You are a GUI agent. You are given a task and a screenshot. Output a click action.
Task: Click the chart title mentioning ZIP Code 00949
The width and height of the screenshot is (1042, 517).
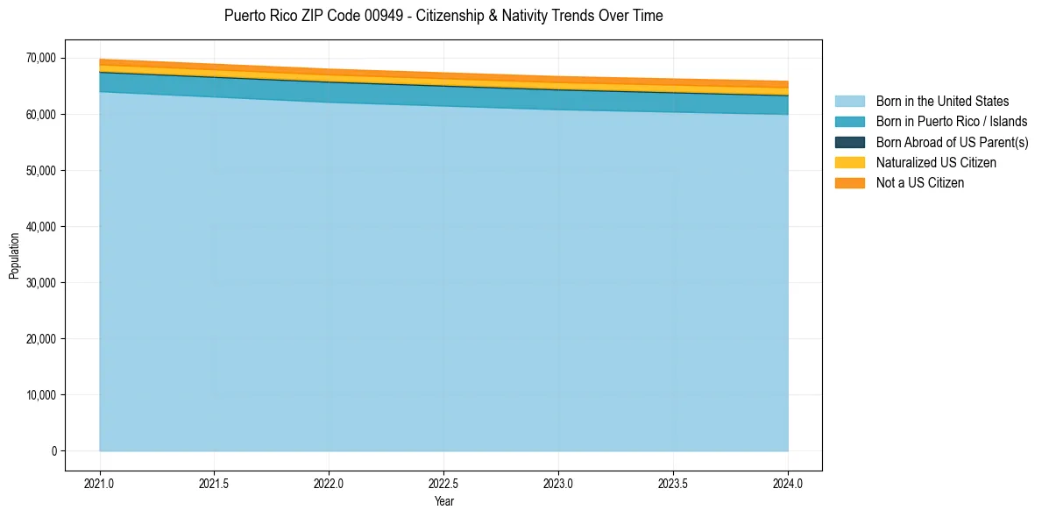[443, 16]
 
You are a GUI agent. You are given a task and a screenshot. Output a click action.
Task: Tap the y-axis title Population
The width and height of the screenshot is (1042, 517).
[14, 256]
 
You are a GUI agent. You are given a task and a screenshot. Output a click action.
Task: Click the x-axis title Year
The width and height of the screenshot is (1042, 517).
[443, 501]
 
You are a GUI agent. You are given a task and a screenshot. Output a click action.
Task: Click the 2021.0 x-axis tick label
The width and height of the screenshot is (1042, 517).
[100, 483]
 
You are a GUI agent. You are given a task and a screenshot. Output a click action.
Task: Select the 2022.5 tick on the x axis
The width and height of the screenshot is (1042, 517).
[443, 483]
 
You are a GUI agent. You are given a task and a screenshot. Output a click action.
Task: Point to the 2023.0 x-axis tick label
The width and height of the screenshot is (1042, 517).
[558, 483]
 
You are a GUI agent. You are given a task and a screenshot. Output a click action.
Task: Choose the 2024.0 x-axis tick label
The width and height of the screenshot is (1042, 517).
[788, 483]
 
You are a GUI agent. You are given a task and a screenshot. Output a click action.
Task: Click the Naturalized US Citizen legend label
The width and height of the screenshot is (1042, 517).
[936, 162]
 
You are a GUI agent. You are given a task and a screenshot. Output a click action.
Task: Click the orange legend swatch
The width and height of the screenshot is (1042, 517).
[849, 183]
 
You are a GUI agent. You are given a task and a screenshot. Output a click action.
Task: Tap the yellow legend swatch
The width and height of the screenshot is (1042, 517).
[849, 162]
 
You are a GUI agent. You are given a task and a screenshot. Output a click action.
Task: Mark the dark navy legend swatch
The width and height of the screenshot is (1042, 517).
[849, 142]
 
